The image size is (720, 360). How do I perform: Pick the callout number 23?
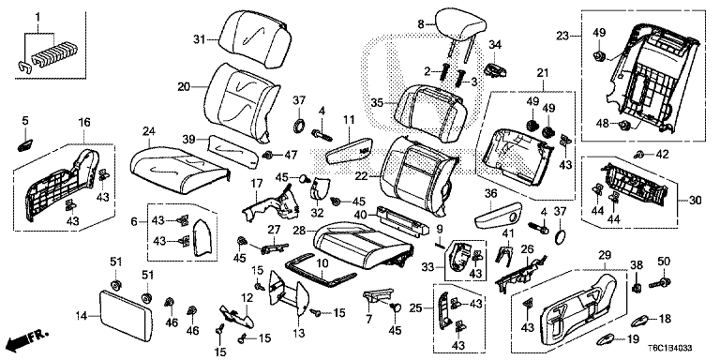point(562,35)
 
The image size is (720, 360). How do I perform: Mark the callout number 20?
point(185,86)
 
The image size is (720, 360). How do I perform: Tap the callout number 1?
point(38,17)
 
